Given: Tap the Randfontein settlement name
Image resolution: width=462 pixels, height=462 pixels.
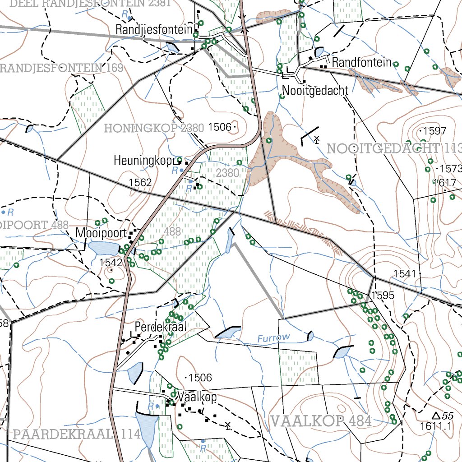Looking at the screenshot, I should point(361,62).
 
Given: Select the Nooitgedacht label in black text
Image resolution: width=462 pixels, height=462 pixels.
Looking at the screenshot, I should point(315,91).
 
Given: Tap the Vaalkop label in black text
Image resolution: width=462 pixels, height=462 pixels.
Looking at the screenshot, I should point(197,397).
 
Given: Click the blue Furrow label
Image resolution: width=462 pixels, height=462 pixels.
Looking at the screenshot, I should point(274,338).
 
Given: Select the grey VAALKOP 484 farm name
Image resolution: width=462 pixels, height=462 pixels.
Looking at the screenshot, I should point(321,422).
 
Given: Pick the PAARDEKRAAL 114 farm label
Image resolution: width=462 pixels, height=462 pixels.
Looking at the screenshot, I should point(77,434).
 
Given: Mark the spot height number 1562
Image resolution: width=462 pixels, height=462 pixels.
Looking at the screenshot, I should point(140,182).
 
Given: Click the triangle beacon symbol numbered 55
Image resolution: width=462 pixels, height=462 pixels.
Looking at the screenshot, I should point(435,415).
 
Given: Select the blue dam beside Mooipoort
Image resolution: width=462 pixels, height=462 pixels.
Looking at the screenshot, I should point(103,248).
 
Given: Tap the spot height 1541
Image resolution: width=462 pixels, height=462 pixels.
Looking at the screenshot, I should point(404,273).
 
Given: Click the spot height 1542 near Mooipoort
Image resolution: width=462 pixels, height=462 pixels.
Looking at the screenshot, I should point(111,263).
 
